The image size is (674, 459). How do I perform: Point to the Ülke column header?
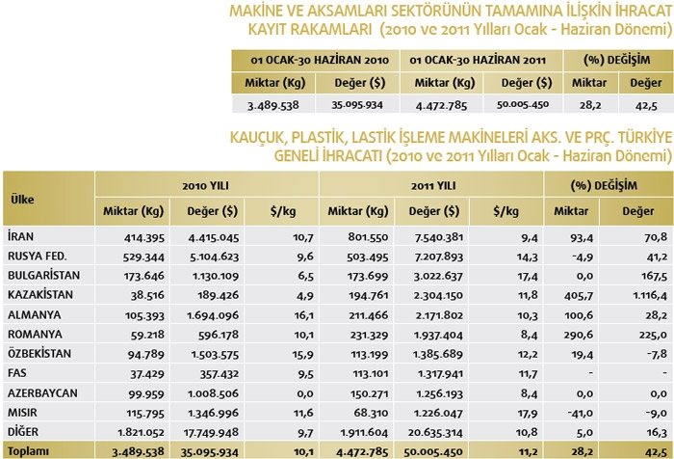23,198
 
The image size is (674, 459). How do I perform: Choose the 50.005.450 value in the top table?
521,104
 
